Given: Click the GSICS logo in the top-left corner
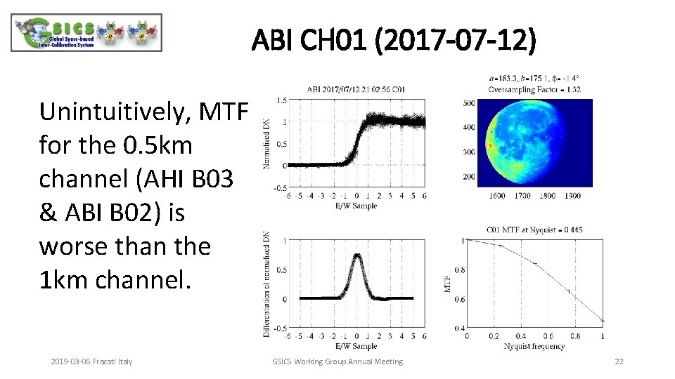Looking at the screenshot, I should [x=86, y=33].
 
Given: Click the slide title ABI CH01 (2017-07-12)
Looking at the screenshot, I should [x=394, y=41].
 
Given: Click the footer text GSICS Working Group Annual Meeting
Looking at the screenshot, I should [x=337, y=361].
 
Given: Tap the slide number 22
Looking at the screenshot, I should [x=619, y=361].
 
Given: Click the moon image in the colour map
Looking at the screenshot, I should [x=534, y=142].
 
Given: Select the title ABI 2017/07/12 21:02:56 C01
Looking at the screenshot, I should [x=355, y=89].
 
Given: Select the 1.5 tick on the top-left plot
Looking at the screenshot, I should [x=281, y=100].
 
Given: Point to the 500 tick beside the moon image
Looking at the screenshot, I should [x=467, y=103].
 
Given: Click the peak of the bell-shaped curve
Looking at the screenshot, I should [x=357, y=255].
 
